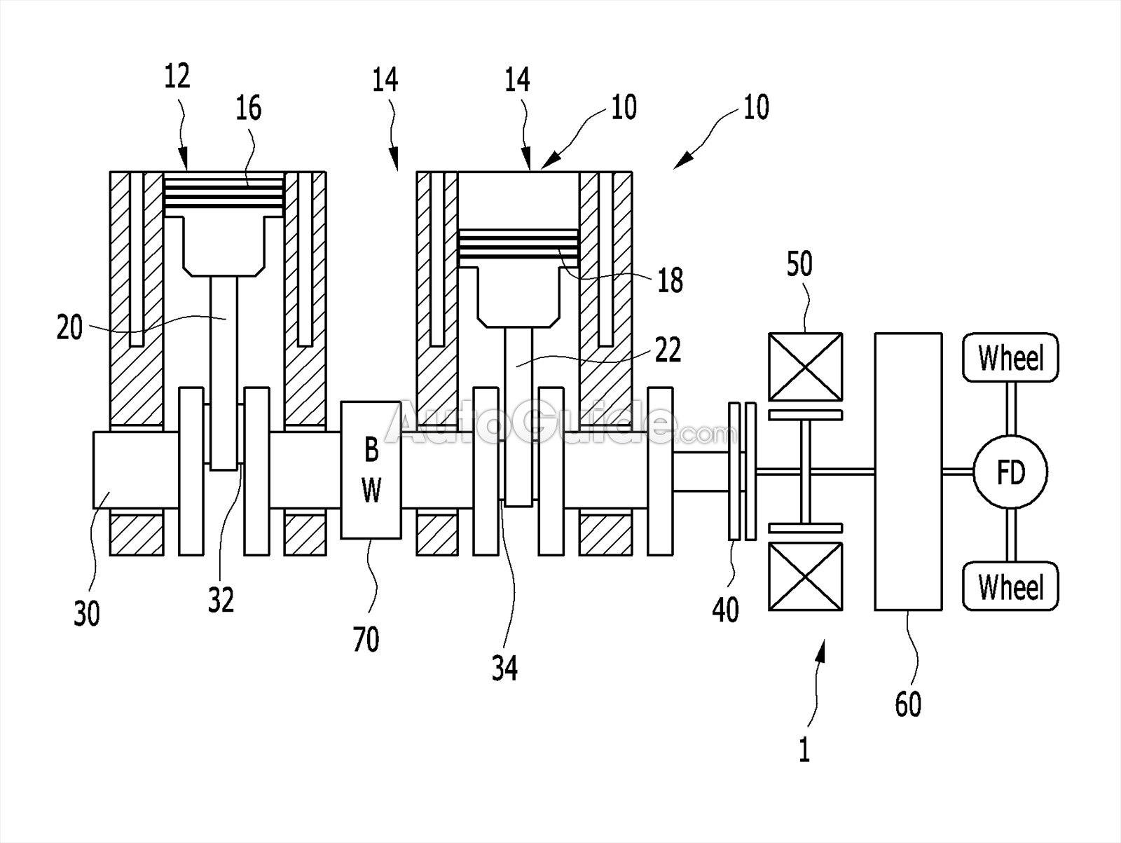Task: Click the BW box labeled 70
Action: point(371,470)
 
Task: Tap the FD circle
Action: point(1010,472)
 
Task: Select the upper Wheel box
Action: point(1010,357)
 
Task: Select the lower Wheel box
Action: point(1010,586)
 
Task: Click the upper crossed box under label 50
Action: point(805,366)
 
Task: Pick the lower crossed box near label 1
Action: point(805,576)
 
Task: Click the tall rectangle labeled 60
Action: point(908,472)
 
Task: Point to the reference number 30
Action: point(87,614)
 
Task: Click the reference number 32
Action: point(221,599)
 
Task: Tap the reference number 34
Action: point(504,668)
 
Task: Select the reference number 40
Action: point(725,610)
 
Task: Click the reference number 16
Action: point(248,108)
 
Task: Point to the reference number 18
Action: point(670,280)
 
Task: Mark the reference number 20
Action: point(69,327)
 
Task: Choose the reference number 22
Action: point(667,350)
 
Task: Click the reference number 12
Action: point(177,76)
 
